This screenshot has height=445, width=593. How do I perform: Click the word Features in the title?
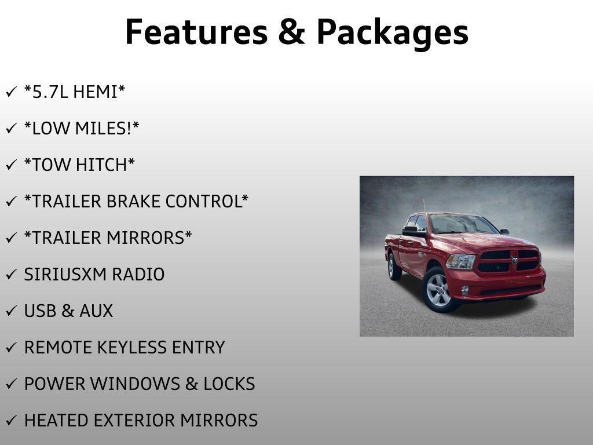coord(196,32)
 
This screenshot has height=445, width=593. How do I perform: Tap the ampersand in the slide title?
coord(292,32)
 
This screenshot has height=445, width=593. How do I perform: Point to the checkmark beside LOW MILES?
coord(12,128)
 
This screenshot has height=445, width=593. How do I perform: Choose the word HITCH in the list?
coord(101,165)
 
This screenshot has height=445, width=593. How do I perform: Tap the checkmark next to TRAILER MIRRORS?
coord(12,238)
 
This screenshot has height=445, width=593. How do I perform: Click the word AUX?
coord(96,311)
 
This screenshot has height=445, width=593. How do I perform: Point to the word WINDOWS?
coord(135,384)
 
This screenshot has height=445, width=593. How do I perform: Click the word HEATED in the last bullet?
coord(56,421)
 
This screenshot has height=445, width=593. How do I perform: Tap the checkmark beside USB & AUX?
coord(12,311)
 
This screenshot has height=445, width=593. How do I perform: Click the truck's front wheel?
coord(439,290)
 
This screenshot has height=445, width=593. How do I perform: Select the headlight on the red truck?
coord(460,262)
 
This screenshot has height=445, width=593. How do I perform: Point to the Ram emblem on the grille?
coord(515,261)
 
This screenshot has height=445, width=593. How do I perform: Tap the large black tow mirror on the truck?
coord(413,232)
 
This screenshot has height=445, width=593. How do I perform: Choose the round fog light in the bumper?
coord(465,291)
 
